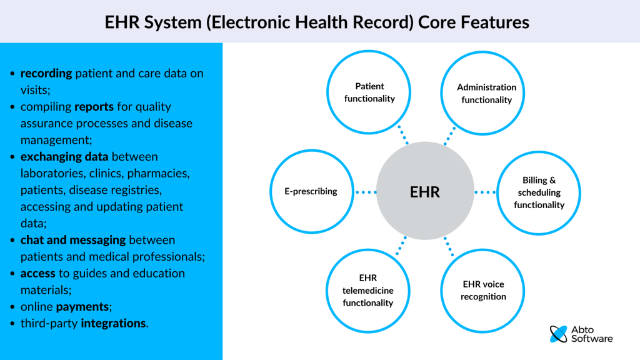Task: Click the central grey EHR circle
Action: tap(425, 192)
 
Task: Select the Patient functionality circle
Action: tap(369, 92)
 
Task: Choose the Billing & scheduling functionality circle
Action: tap(539, 192)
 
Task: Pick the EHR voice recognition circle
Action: tap(483, 290)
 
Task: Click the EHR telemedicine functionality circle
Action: tap(368, 290)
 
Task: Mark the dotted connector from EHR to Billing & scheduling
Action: tap(484, 192)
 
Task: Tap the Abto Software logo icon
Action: tap(558, 334)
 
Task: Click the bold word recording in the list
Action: tap(46, 74)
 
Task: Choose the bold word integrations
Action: tap(114, 324)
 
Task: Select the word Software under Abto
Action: tap(592, 339)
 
